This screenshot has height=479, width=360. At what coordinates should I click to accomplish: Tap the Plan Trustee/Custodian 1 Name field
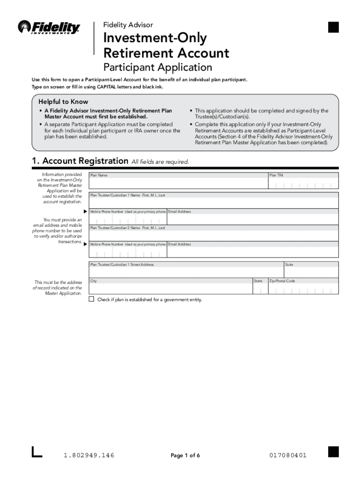[213, 200]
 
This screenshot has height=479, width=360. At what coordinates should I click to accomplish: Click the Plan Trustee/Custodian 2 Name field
[213, 233]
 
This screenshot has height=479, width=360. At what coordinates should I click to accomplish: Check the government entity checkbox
[92, 299]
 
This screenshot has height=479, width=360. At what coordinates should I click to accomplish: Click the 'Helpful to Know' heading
[63, 102]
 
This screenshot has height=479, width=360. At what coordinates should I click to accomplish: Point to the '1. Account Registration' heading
[79, 161]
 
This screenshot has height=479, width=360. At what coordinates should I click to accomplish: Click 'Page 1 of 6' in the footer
[185, 456]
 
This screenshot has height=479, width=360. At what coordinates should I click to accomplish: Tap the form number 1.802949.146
[89, 456]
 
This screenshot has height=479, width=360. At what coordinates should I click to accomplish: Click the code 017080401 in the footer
[288, 456]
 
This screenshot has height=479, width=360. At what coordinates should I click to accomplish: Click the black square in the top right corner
[333, 28]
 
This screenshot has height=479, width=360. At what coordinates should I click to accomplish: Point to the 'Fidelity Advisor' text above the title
[128, 25]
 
